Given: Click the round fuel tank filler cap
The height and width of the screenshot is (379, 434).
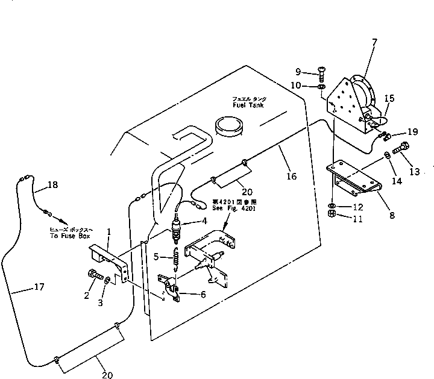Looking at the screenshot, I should pyautogui.click(x=230, y=128).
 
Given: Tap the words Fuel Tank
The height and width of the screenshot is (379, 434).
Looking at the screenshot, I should pyautogui.click(x=248, y=104).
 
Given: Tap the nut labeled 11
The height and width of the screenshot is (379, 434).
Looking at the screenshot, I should pyautogui.click(x=332, y=213).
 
